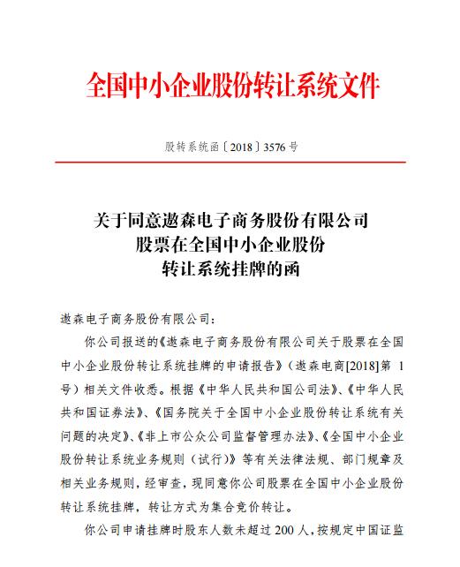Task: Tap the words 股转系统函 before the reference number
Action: coord(193,149)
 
